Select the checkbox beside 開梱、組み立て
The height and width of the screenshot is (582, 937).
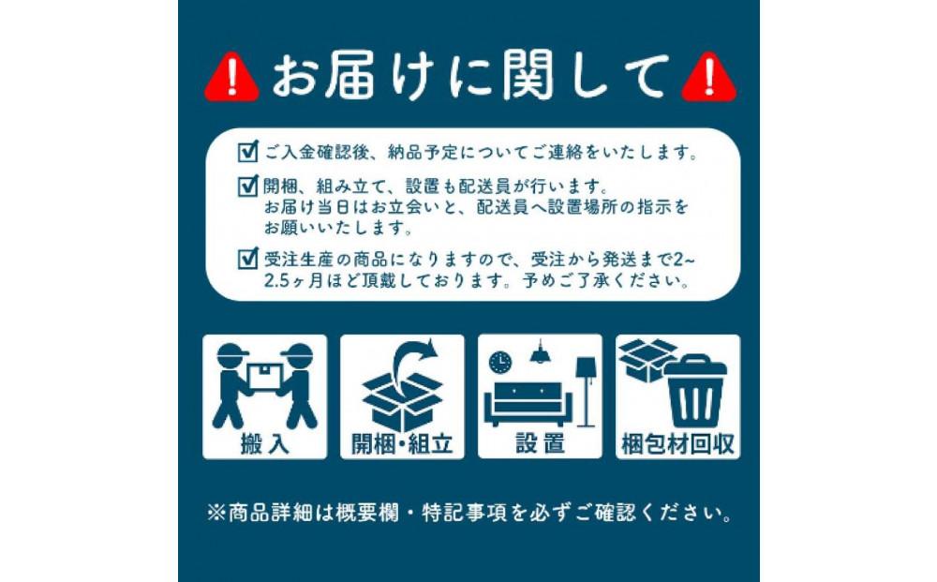click(x=247, y=186)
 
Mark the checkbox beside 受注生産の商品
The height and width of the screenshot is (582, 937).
click(x=247, y=259)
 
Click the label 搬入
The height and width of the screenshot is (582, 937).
click(x=264, y=442)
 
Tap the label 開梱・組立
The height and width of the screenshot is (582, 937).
click(x=401, y=442)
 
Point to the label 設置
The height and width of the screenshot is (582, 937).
click(x=539, y=442)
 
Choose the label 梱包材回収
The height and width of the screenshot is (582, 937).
click(x=677, y=443)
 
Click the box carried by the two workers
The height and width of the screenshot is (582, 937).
click(x=264, y=375)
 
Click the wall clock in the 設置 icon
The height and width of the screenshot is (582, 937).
click(x=499, y=362)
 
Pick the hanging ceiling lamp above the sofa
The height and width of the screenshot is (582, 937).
click(x=539, y=353)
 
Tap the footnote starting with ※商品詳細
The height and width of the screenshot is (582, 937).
click(x=468, y=514)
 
